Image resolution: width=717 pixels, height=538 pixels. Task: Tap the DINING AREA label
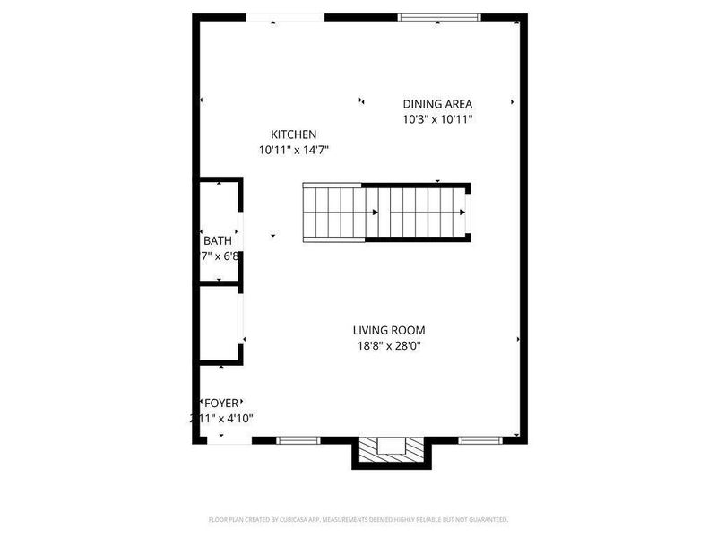[437, 104]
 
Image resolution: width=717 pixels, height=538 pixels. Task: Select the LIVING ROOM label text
[388, 330]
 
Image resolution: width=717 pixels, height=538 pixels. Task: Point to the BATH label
[218, 240]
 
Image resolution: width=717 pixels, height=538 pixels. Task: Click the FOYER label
[222, 403]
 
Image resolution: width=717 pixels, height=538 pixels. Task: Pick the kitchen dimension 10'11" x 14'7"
[294, 150]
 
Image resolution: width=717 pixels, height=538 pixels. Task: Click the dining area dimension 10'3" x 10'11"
[437, 119]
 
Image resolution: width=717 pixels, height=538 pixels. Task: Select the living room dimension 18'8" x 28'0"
[388, 345]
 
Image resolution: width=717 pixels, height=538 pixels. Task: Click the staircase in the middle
[385, 212]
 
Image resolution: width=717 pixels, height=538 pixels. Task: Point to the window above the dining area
[439, 16]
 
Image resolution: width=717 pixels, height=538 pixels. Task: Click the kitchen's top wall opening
[285, 16]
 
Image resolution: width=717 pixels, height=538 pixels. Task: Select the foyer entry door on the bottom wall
[227, 440]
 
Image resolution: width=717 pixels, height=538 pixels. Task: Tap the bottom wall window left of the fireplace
[298, 440]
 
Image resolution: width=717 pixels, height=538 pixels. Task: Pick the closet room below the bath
[218, 323]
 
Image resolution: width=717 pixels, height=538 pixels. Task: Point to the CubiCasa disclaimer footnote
[358, 519]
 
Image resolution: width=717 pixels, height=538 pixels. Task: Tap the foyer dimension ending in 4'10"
[221, 419]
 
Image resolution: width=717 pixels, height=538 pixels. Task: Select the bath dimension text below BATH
[220, 256]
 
